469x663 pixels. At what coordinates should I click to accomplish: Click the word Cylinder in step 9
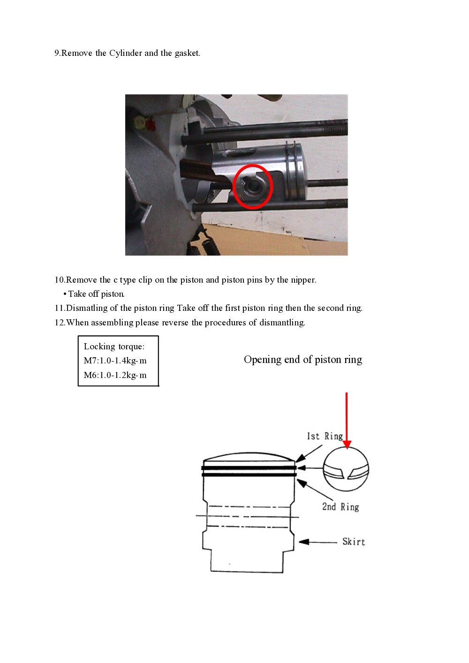(125, 53)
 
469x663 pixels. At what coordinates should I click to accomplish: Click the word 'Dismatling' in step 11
(87, 308)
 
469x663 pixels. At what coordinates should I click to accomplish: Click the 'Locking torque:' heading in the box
(114, 347)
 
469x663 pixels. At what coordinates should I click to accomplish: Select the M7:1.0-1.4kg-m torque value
(115, 361)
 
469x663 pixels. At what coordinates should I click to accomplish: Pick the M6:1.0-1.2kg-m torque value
(115, 375)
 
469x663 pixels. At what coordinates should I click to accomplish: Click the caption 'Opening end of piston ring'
(303, 360)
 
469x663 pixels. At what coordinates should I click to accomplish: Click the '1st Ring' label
(325, 436)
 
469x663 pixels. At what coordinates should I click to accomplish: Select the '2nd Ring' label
(340, 507)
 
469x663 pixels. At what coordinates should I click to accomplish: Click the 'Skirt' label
(354, 542)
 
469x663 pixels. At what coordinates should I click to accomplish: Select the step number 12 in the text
(60, 323)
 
